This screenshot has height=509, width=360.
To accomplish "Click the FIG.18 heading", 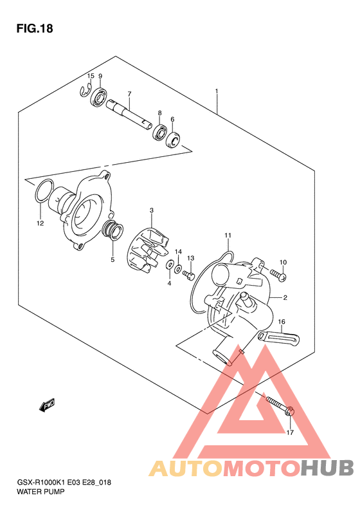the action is pyautogui.click(x=35, y=29).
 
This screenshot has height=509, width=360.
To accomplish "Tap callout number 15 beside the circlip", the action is pyautogui.click(x=91, y=76).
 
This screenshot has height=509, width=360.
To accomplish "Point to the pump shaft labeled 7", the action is pyautogui.click(x=129, y=116).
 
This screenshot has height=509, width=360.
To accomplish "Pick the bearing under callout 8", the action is pyautogui.click(x=159, y=133).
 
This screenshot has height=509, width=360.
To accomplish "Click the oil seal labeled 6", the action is pyautogui.click(x=174, y=140).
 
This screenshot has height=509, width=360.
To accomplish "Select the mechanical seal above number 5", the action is pyautogui.click(x=113, y=230).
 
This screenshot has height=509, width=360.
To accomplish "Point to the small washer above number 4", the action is pyautogui.click(x=169, y=265).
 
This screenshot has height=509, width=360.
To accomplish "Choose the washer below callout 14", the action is pyautogui.click(x=178, y=269).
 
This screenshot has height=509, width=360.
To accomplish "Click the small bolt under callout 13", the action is pyautogui.click(x=188, y=275).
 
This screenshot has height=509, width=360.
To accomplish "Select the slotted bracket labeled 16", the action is pyautogui.click(x=278, y=337).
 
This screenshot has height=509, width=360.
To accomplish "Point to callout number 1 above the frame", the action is pyautogui.click(x=217, y=91).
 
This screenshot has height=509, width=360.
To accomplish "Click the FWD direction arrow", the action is pyautogui.click(x=47, y=405).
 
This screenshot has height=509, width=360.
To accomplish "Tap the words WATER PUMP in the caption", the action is pyautogui.click(x=40, y=492).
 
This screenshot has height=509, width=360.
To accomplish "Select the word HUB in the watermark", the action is pyautogui.click(x=327, y=468).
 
